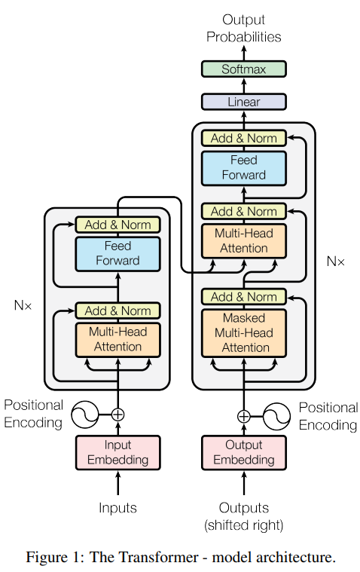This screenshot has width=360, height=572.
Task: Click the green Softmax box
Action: point(243,69)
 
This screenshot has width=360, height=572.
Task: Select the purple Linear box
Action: point(243,102)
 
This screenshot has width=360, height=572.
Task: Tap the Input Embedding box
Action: point(117,452)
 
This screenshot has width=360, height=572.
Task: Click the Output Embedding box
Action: point(243,452)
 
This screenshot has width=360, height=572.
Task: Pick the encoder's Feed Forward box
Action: point(117,253)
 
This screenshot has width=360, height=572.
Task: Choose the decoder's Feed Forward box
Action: point(243,167)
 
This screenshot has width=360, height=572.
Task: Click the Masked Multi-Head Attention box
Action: point(243,332)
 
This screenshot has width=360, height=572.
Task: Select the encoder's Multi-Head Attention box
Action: point(117,339)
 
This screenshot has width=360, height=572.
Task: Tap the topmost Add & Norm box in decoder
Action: point(243,139)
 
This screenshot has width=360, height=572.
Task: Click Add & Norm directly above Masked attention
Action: point(243,297)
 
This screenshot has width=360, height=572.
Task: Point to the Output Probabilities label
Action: point(243,29)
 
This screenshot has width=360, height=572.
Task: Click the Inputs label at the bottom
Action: point(117,508)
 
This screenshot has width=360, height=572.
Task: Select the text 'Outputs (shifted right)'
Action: point(243,516)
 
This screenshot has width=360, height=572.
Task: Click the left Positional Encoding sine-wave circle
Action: point(85,414)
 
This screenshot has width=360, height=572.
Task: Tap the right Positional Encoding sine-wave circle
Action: point(276,415)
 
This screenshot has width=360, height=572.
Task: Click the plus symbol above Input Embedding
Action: point(117,414)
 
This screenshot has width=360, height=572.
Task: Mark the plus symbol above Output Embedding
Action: point(243,415)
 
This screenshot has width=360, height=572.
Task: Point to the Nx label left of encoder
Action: point(23,306)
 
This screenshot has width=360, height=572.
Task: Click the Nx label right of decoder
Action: point(335,262)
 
